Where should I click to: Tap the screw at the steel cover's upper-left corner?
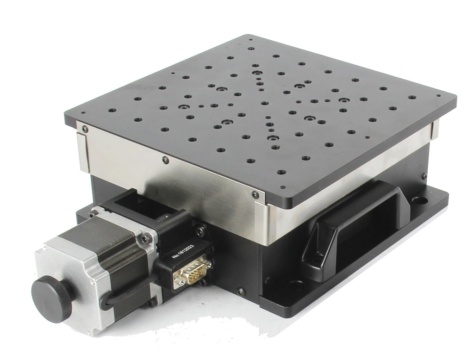(x=86, y=129)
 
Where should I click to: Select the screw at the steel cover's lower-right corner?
(x=255, y=194)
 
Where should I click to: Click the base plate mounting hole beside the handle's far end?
(x=419, y=200)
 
